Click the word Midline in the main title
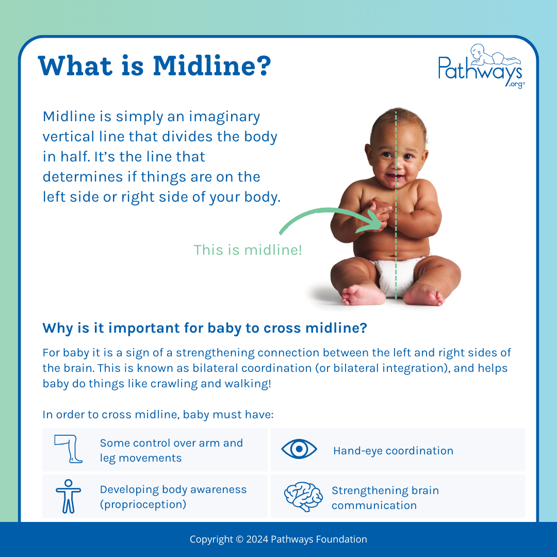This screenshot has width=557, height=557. coord(211,67)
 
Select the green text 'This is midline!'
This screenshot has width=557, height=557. coord(248,250)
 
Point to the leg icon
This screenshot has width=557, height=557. coord(69,449)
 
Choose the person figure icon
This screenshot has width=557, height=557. coord(68,496)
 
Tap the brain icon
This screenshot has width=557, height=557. coord(303,496)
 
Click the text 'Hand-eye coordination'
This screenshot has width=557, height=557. coord(393,451)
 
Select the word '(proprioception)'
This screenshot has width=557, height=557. coord(143,504)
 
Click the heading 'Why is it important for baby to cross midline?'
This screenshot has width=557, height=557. coord(204,328)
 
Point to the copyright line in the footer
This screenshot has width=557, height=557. coord(278,539)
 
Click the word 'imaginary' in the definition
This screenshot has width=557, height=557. coord(224,117)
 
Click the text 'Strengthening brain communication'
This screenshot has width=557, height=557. coord(385,498)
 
